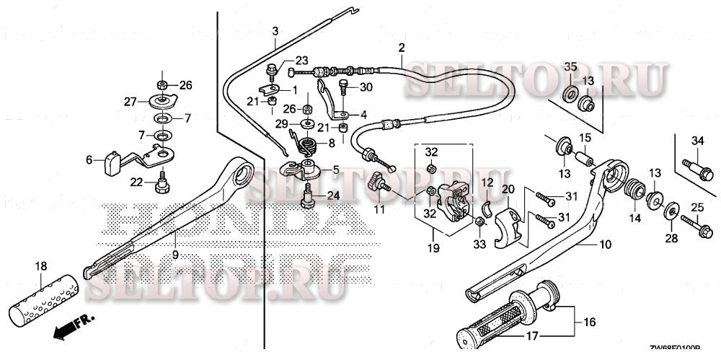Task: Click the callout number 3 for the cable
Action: click(275, 31)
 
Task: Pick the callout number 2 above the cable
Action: click(401, 48)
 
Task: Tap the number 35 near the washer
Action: click(570, 67)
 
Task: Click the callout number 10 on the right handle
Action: click(604, 245)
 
